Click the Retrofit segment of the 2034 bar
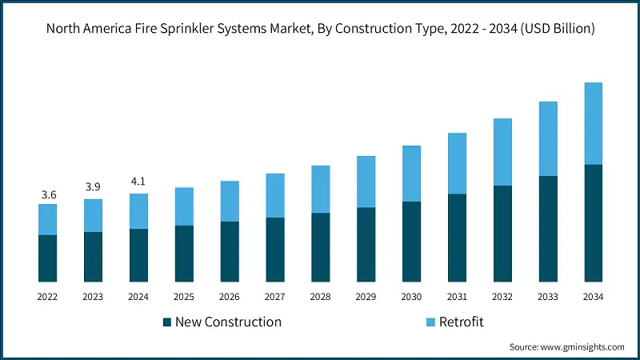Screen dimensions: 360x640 click(593, 123)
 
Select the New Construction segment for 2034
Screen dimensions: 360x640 click(593, 223)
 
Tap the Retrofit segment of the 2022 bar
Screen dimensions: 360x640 click(48, 219)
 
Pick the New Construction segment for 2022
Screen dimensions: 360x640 click(48, 258)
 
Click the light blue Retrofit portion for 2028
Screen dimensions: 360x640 click(321, 189)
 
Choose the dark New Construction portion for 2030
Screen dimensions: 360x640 click(411, 242)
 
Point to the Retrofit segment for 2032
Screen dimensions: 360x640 click(502, 152)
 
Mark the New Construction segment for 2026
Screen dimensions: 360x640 click(230, 251)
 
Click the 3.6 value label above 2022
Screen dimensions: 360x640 click(48, 194)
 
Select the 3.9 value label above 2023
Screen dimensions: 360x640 click(93, 187)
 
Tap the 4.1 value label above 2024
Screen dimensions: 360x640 click(138, 181)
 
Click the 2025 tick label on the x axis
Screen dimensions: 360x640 click(184, 297)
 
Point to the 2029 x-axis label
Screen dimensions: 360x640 click(366, 297)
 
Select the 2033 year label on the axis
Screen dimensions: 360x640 click(547, 297)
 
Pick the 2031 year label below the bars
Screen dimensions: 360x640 click(457, 297)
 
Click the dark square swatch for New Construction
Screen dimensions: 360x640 click(167, 322)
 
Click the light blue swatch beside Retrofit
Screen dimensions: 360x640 click(430, 322)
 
